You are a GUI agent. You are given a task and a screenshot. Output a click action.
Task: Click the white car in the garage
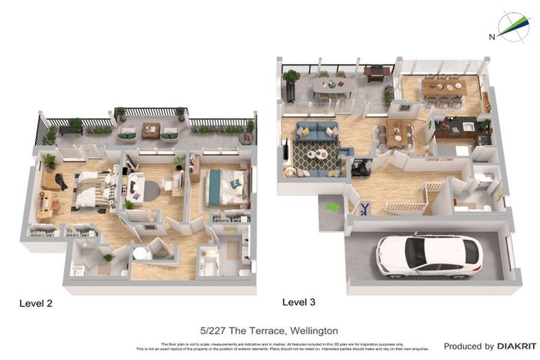tap(429, 255)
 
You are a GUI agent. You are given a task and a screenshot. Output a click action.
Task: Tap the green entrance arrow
tap(332, 207)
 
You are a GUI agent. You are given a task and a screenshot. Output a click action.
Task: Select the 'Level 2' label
tap(35, 304)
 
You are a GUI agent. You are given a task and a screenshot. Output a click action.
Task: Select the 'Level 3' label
tap(299, 302)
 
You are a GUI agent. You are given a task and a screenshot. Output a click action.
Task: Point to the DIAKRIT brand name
tap(517, 346)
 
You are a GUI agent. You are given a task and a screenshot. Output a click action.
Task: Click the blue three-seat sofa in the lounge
tap(316, 131)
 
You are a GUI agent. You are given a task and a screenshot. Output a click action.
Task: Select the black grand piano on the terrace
tap(376, 72)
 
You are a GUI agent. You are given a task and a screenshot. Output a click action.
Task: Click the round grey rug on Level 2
tap(152, 190)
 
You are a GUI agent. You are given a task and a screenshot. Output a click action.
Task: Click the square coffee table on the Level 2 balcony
tap(150, 130)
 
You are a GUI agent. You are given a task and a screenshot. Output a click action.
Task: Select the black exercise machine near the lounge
tap(361, 167)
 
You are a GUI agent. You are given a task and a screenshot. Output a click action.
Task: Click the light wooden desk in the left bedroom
tap(43, 205)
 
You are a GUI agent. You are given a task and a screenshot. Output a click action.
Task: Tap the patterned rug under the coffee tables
tap(314, 159)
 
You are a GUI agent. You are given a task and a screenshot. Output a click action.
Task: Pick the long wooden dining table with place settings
tap(443, 86)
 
